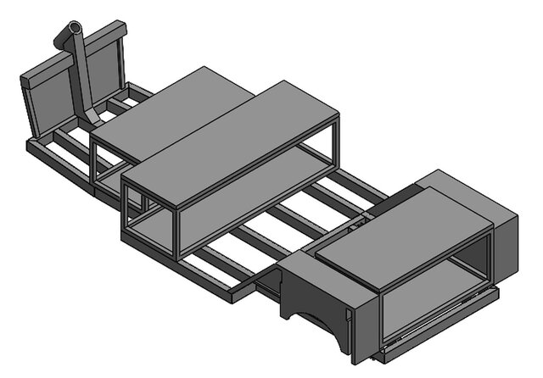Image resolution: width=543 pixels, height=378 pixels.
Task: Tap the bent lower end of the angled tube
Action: point(92,119)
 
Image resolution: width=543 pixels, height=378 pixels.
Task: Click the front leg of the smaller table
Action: point(96,165)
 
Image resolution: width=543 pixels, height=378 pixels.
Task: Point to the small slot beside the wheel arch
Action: point(348,318)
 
